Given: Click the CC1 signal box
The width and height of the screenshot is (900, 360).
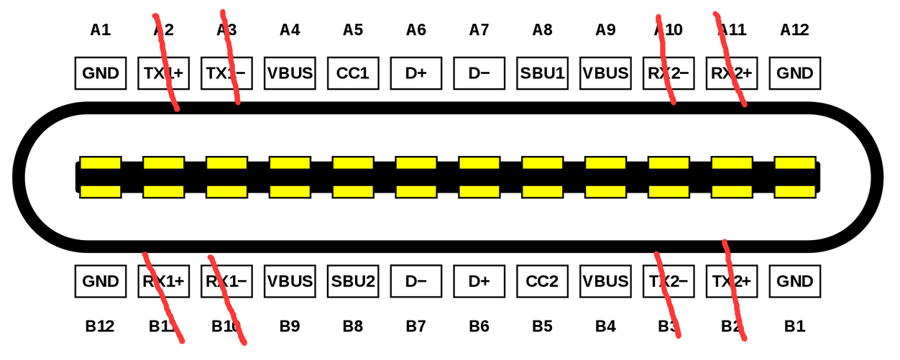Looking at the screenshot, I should click(x=353, y=73).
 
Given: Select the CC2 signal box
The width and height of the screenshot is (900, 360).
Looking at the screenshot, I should click(x=542, y=281).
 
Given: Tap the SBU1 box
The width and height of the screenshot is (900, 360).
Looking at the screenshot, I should click(x=542, y=73).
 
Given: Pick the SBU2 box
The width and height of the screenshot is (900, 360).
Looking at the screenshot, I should click(x=353, y=281).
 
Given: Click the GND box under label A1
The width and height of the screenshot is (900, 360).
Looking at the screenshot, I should click(x=101, y=73).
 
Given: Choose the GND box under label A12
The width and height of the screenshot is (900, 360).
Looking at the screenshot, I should click(x=795, y=73).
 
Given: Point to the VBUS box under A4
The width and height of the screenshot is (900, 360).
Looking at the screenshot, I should click(x=290, y=73).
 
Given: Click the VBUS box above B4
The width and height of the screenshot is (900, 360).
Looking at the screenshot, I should click(x=605, y=281).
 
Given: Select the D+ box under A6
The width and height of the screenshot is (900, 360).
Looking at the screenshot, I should click(x=416, y=73).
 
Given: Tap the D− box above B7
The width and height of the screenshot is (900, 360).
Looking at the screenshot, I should click(x=416, y=281).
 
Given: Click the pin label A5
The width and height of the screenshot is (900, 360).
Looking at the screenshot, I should click(x=353, y=30).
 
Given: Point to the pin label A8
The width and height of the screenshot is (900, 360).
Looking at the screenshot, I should click(x=542, y=30).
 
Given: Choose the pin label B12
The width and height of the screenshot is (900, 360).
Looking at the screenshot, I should click(x=100, y=327).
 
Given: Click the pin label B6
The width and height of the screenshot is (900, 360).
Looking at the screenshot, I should click(x=479, y=327).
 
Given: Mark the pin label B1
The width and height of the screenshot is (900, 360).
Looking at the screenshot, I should click(x=794, y=327).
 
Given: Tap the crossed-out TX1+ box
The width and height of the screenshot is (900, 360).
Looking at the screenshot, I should click(x=164, y=73).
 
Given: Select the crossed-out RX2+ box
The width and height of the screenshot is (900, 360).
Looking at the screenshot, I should click(x=732, y=73).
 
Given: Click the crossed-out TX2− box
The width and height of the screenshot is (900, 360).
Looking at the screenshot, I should click(x=669, y=281).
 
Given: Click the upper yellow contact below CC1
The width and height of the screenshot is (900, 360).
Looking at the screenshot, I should click(x=353, y=163).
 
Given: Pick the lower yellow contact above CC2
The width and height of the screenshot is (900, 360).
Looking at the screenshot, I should click(x=542, y=192).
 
